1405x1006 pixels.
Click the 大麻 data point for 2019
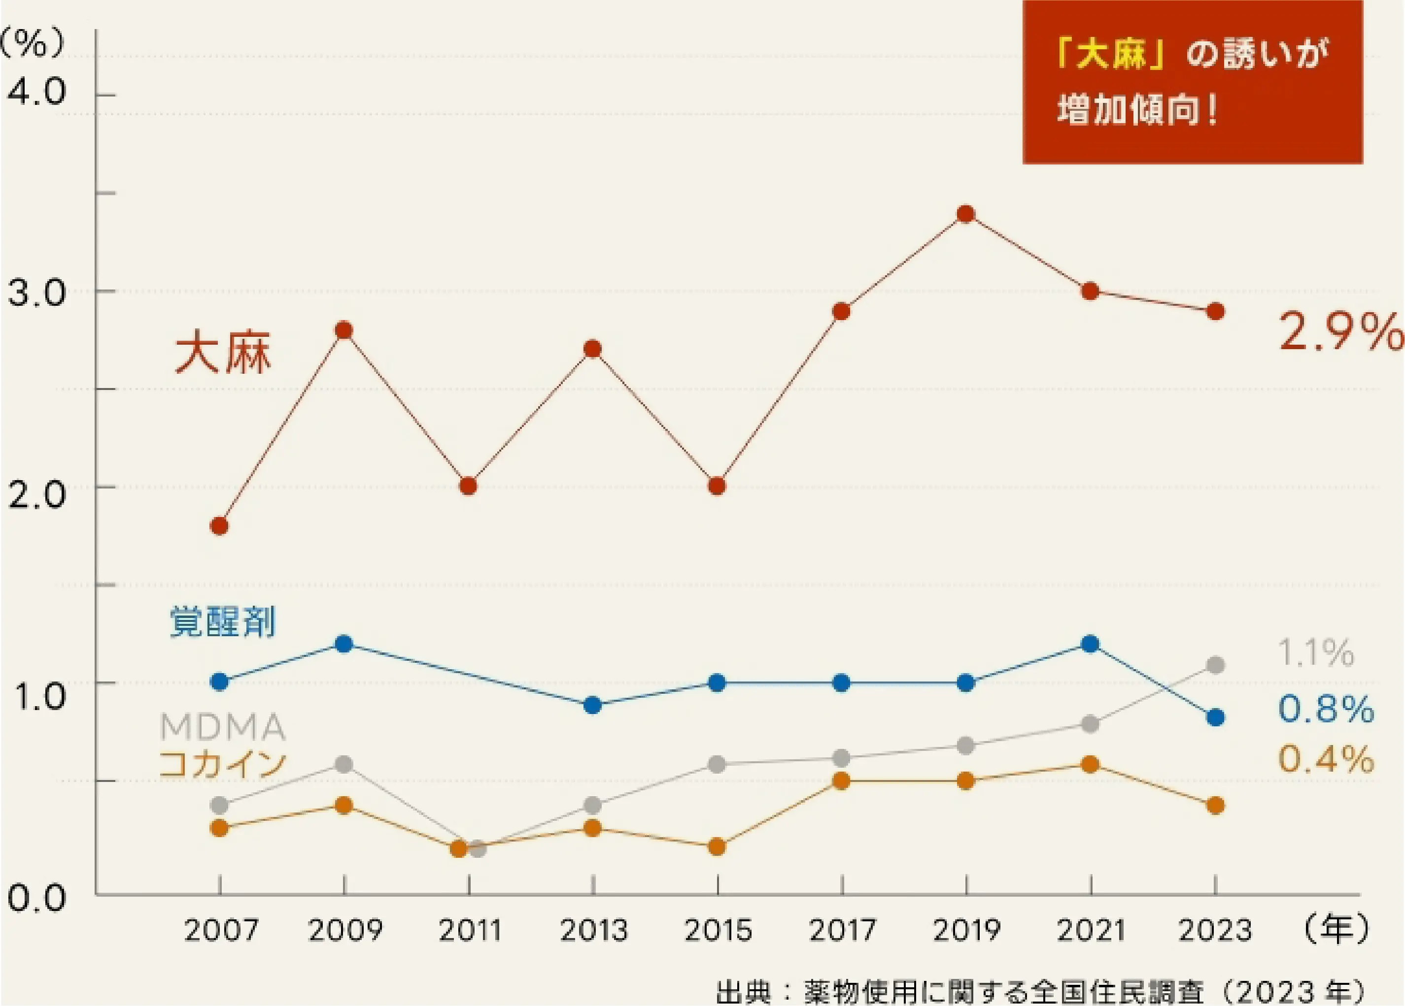click(x=966, y=214)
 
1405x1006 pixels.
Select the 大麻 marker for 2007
click(x=219, y=526)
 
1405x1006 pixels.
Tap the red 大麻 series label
click(x=223, y=354)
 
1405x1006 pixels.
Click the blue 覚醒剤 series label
click(x=222, y=621)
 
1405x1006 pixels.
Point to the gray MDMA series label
click(x=222, y=727)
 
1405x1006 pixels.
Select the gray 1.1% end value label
click(x=1316, y=652)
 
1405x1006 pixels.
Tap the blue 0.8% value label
click(x=1326, y=709)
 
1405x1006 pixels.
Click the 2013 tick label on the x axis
click(x=593, y=930)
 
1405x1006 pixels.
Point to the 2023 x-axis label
click(x=1215, y=930)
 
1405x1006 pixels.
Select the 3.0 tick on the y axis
click(x=36, y=292)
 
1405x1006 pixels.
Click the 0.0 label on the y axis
click(x=36, y=898)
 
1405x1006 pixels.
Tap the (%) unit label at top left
click(x=32, y=44)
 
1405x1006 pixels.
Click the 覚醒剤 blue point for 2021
click(x=1090, y=644)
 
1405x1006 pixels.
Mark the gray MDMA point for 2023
click(x=1215, y=666)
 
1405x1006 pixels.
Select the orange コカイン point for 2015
click(x=717, y=846)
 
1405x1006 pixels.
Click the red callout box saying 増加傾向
click(x=1193, y=82)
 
